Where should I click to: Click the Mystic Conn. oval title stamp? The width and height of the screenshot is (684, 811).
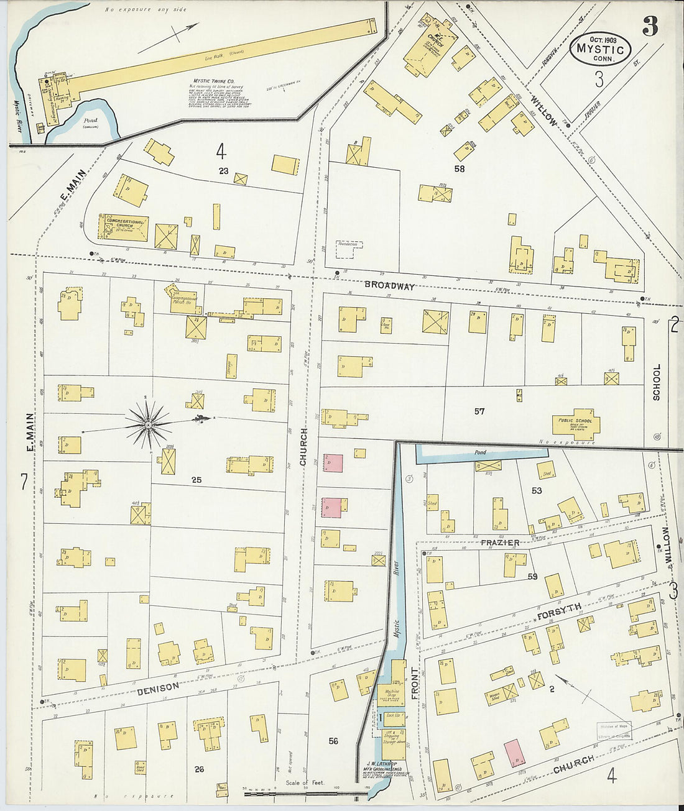click(600, 48)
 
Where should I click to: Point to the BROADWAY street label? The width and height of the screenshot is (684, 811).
click(389, 286)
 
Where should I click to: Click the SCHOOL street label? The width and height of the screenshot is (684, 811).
click(657, 381)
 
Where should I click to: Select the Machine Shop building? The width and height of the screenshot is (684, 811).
click(392, 694)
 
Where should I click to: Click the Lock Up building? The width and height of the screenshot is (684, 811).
click(392, 716)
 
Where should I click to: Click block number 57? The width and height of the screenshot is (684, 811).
click(479, 411)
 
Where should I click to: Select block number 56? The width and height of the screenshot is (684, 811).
click(333, 741)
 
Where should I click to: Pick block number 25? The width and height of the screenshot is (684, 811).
click(196, 480)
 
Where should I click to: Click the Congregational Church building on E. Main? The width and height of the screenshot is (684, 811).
click(124, 227)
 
